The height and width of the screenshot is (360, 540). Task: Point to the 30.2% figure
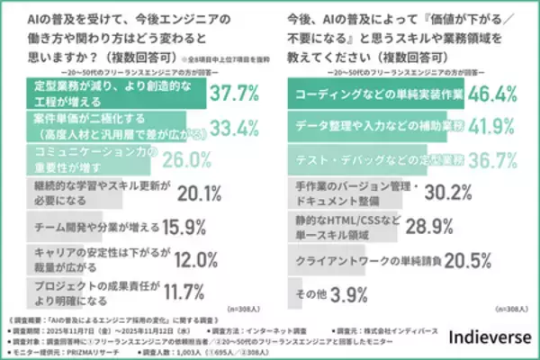tap(446, 191)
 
